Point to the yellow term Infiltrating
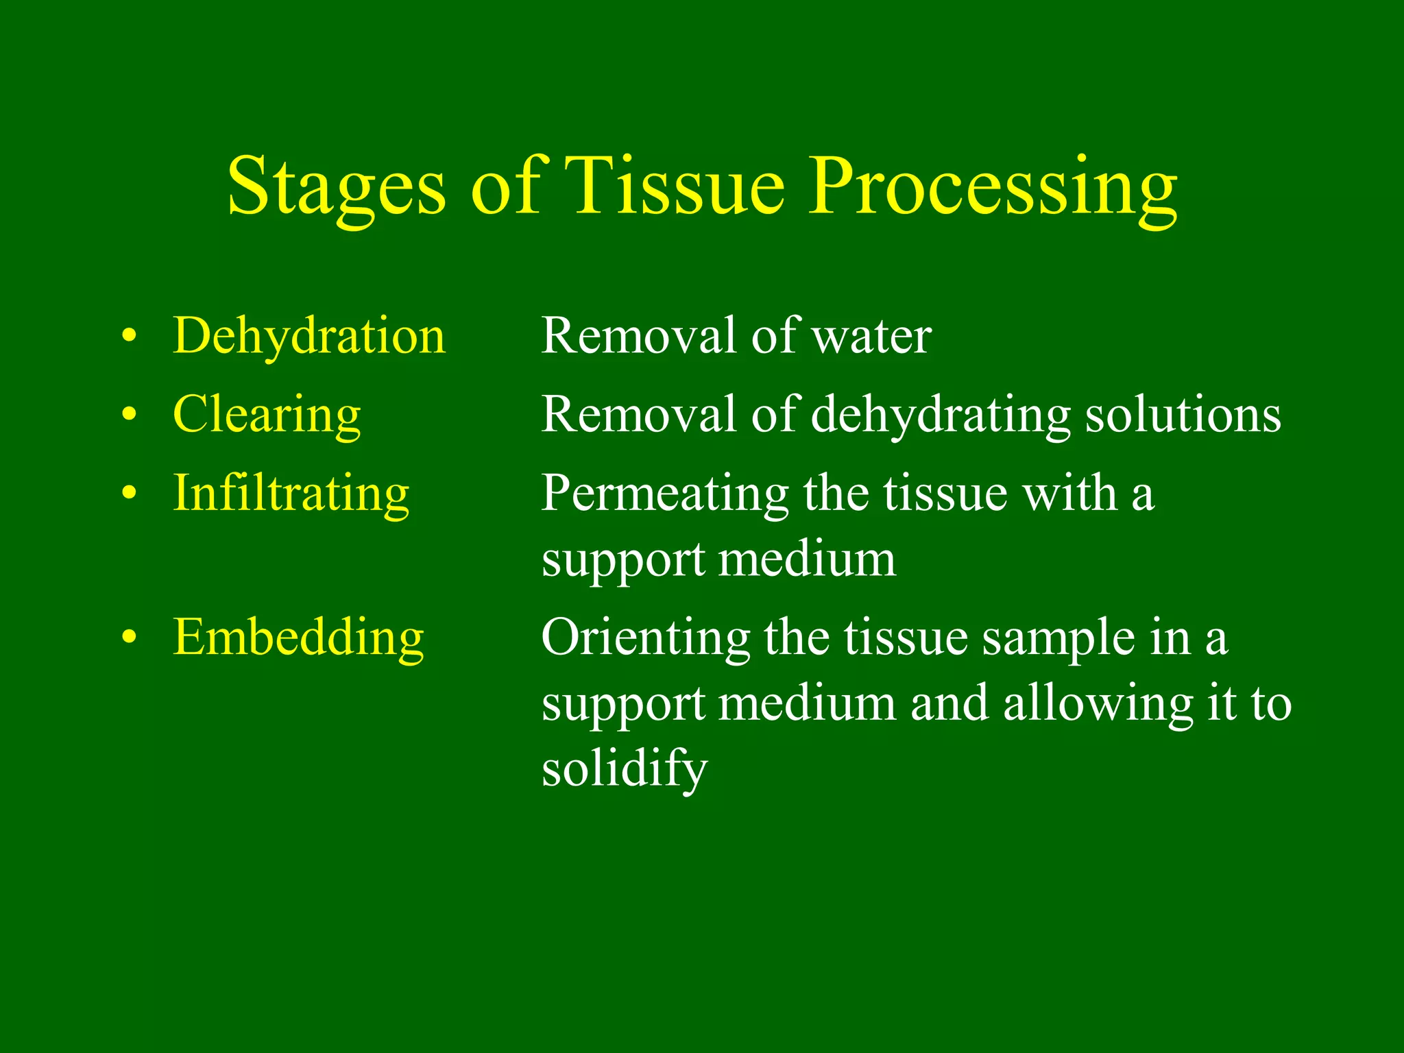tap(291, 494)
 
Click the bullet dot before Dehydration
tap(129, 337)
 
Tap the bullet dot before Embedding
tap(129, 638)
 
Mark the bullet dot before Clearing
tap(129, 415)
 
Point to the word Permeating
tap(664, 494)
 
